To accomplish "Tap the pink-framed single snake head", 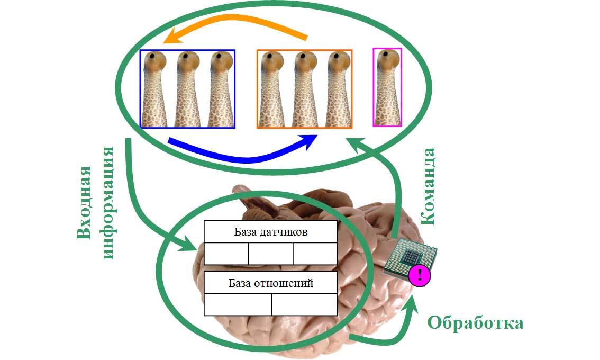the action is tap(387, 87).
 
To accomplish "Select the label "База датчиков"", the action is tap(270, 231).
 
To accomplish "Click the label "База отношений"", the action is tap(270, 283).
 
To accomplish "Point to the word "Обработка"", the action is tap(475, 322).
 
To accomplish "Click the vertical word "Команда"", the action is tap(428, 186).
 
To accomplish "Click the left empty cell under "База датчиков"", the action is tap(226, 254).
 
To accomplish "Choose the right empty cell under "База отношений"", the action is tap(304, 304).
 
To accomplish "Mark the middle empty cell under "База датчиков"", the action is tap(270, 254).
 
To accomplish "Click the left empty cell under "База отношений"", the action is tap(238, 304).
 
